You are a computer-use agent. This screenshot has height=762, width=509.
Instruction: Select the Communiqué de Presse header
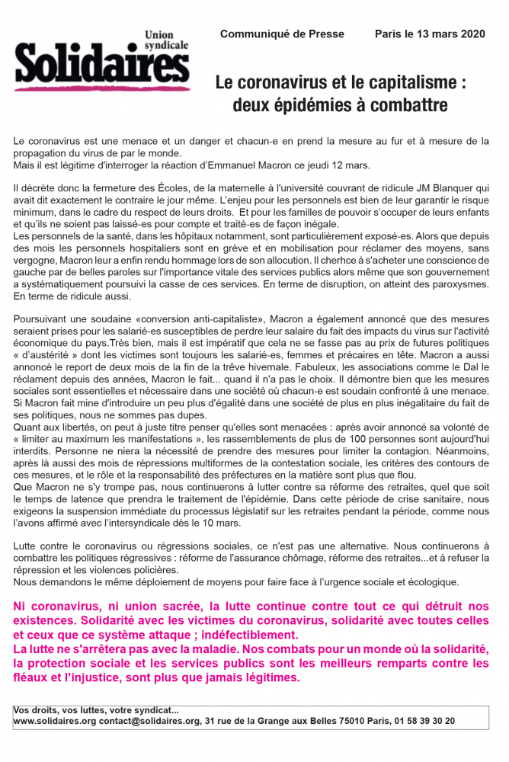pos(282,34)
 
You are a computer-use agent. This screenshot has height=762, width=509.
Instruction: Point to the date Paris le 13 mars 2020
pos(431,34)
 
